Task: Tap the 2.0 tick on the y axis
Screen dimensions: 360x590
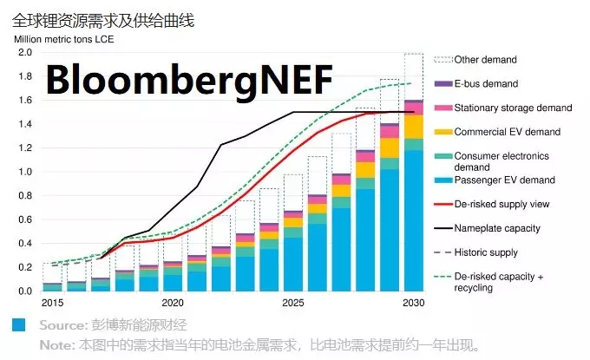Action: (23, 53)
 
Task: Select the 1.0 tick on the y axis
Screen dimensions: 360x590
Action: (23, 172)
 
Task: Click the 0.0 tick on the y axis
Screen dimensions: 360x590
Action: (23, 291)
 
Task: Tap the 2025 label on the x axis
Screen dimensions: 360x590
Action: (293, 303)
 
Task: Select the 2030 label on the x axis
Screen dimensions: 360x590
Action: (413, 303)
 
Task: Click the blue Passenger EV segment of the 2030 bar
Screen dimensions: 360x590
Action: (413, 226)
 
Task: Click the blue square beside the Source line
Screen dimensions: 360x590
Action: (18, 325)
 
